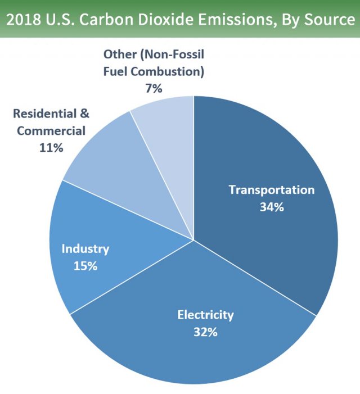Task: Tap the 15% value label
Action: click(x=85, y=265)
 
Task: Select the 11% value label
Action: click(x=51, y=148)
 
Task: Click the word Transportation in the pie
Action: click(x=271, y=189)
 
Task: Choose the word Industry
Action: click(x=85, y=248)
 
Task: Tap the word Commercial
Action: click(x=51, y=131)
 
